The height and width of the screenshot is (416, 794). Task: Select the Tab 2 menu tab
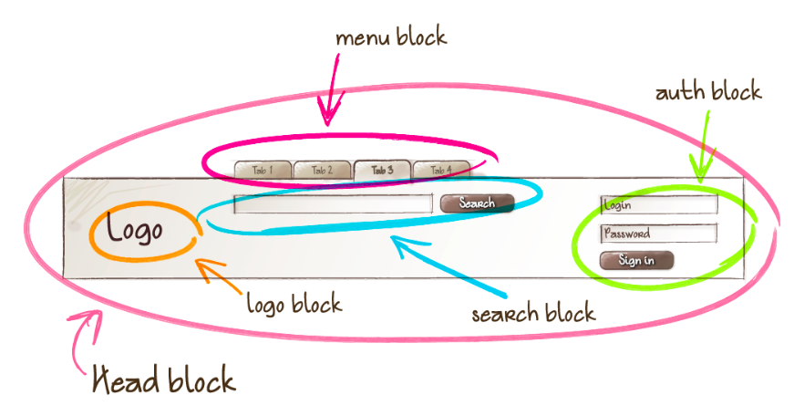point(322,170)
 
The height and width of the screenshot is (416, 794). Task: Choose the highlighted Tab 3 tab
point(382,170)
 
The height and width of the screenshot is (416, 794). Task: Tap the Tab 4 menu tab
point(441,170)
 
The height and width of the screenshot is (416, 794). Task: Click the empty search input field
point(333,203)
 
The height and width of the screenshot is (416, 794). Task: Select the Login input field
point(658,204)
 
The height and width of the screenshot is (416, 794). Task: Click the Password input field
point(658,234)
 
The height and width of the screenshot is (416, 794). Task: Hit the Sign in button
point(636,260)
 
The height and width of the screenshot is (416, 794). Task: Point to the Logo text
point(134,229)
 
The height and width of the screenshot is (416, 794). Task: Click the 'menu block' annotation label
point(391,37)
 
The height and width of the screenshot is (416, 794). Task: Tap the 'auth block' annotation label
point(707,92)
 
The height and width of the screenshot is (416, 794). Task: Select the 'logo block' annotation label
point(294,303)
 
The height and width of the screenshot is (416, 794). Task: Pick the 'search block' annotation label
point(532,314)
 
